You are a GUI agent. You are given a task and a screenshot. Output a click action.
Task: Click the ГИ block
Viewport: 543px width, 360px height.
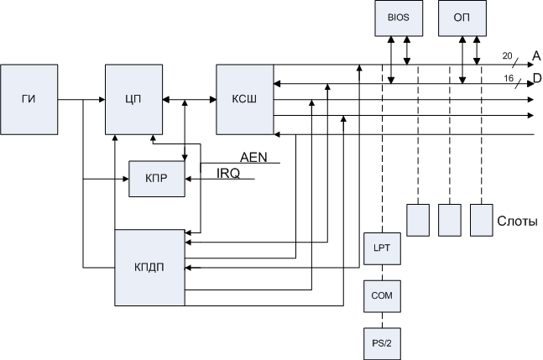29,99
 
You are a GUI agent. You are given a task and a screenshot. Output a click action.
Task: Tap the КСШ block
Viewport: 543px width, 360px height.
244,99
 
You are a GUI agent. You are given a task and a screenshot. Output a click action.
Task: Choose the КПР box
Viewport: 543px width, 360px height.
156,179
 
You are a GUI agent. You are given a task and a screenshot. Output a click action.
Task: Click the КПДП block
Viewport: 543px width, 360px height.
149,268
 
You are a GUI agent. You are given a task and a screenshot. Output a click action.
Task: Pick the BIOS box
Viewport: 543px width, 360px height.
395,18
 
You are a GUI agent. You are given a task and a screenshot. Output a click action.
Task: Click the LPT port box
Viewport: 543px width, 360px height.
383,248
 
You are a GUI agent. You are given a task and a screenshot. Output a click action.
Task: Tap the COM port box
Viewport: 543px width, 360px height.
383,295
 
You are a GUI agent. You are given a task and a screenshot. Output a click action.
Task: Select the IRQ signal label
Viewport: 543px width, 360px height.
228,174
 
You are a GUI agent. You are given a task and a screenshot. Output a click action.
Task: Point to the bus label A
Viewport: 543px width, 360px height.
535,55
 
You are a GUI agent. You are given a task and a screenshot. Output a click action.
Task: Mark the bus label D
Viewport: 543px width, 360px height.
536,80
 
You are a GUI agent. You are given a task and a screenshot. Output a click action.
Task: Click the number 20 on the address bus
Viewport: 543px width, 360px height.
506,55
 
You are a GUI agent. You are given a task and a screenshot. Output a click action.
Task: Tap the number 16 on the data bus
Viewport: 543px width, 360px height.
507,78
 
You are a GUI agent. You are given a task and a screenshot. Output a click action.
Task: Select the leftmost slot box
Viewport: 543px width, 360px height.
417,220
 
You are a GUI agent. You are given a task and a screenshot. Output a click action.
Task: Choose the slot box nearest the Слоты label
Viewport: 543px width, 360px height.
481,220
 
